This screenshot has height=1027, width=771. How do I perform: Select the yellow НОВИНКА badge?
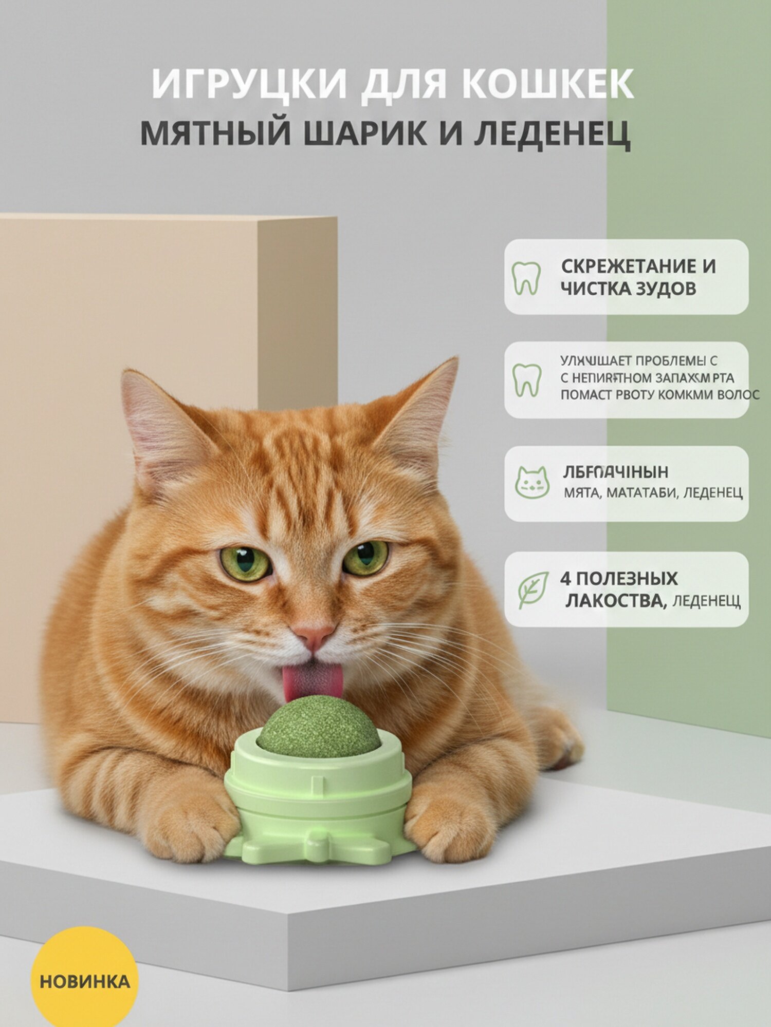[x=85, y=982]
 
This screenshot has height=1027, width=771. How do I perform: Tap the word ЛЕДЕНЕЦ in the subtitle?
[x=552, y=134]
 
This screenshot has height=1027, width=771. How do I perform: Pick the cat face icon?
[x=532, y=483]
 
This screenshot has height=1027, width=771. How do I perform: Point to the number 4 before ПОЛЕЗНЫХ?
[x=565, y=579]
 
